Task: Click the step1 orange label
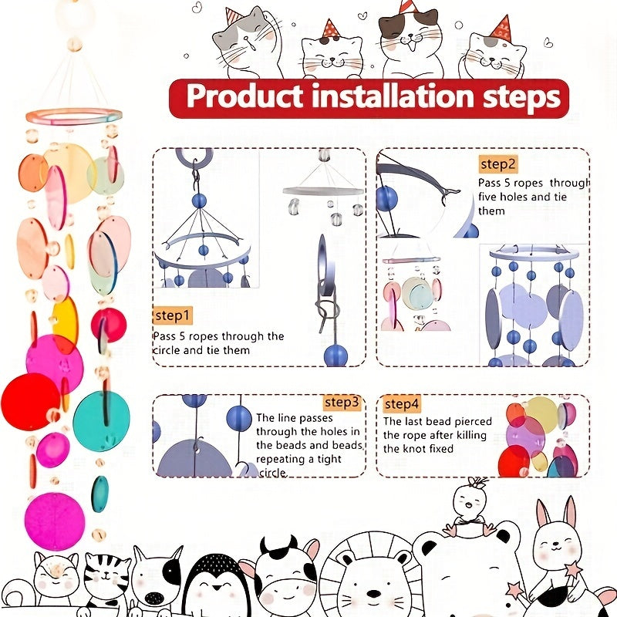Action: (x=173, y=315)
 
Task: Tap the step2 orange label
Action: (x=497, y=164)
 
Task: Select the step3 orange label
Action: (x=342, y=402)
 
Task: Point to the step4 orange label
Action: (x=401, y=403)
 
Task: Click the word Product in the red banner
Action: (x=244, y=96)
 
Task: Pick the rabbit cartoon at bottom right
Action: (x=557, y=543)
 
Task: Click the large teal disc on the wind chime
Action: (x=101, y=420)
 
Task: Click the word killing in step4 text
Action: (x=471, y=435)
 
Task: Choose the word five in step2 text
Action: (x=488, y=197)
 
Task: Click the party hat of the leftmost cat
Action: (x=234, y=15)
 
